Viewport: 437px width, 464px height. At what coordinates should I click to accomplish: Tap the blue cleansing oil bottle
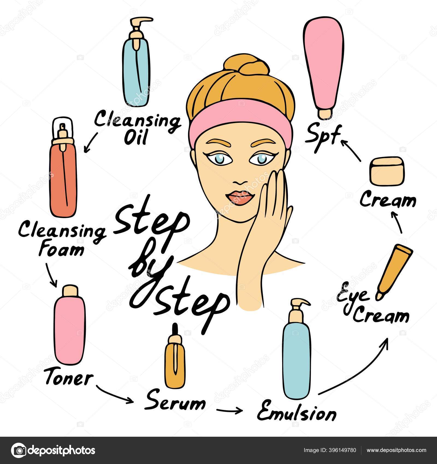coord(137,68)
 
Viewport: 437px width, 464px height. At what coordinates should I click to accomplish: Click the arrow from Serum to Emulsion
coord(229,410)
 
